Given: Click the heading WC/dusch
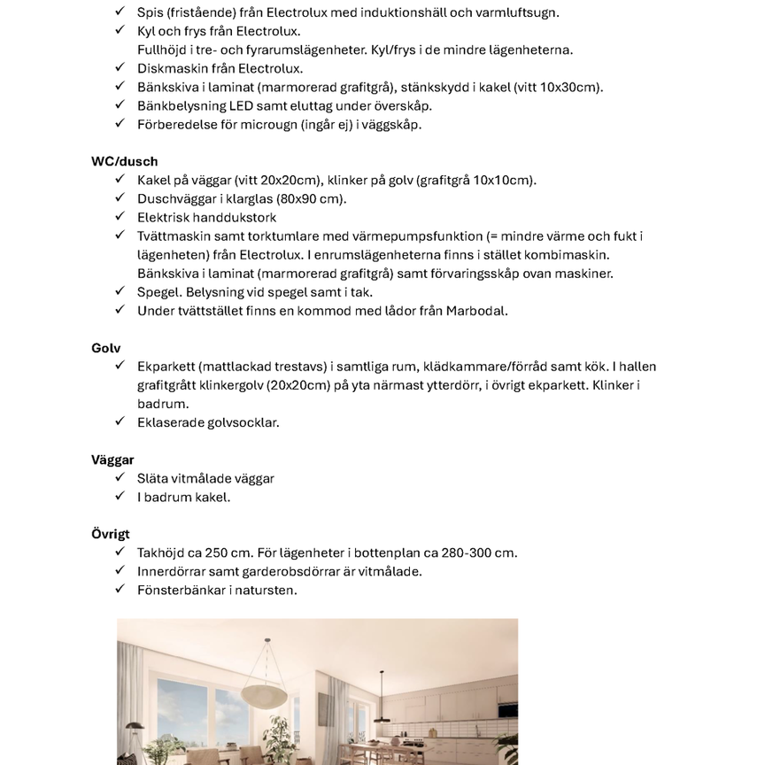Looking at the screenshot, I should tap(124, 161).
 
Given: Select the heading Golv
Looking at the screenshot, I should tap(105, 348).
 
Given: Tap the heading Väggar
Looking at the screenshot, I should tap(112, 460).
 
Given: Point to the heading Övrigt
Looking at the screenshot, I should tap(110, 534).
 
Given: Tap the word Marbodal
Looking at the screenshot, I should tap(476, 311).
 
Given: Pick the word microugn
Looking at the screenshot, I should tap(251, 124).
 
